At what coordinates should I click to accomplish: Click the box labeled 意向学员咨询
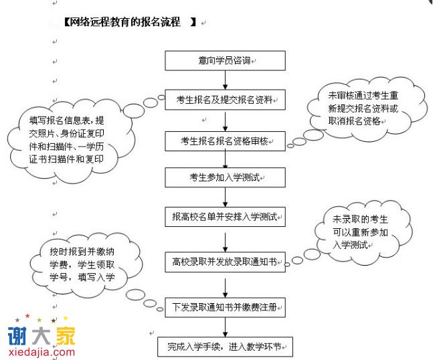[226, 61]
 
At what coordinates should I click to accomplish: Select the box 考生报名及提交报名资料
[226, 100]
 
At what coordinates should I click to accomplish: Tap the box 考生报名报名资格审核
[226, 141]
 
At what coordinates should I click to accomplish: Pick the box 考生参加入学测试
[226, 177]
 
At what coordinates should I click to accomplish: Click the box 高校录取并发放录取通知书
[226, 262]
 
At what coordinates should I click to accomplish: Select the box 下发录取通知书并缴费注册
[226, 308]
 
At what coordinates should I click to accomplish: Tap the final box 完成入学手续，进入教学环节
[226, 347]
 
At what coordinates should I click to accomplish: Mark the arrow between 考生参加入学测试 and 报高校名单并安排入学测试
[226, 197]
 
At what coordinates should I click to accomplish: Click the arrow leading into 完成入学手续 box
[226, 328]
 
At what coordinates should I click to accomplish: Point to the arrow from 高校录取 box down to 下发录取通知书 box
[226, 285]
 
